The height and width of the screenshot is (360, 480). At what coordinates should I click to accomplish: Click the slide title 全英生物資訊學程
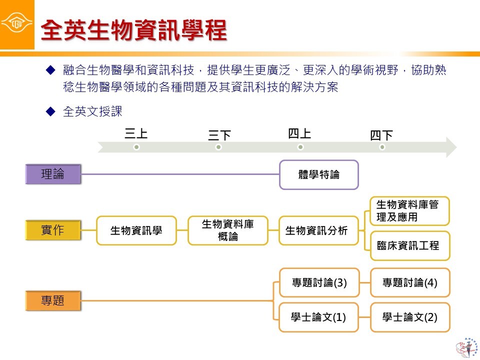(133, 30)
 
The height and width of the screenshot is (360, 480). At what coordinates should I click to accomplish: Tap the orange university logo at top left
(17, 24)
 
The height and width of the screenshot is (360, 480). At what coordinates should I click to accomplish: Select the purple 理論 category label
(52, 174)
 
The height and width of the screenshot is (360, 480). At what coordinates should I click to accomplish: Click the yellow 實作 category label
(52, 231)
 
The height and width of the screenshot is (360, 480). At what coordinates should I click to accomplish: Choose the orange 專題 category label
(52, 301)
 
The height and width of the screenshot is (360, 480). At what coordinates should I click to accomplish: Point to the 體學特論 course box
(318, 175)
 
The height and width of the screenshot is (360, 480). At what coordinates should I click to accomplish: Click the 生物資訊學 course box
(136, 230)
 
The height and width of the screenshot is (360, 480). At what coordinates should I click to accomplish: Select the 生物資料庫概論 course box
(228, 230)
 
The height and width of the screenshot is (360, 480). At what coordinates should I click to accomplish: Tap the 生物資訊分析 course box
(318, 230)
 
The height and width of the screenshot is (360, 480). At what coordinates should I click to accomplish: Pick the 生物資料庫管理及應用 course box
(409, 211)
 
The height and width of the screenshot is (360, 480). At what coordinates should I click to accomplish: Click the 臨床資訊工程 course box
(409, 245)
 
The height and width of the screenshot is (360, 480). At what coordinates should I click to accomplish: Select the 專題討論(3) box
(319, 282)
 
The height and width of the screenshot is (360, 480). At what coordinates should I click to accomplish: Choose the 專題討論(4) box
(410, 282)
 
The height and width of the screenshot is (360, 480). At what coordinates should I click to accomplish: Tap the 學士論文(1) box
(319, 317)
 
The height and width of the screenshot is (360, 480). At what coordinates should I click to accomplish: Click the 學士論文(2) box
(410, 317)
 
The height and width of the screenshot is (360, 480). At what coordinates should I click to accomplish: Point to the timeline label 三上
(136, 133)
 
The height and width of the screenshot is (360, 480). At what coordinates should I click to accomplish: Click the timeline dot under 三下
(218, 147)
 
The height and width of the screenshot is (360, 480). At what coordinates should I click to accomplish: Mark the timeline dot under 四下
(382, 147)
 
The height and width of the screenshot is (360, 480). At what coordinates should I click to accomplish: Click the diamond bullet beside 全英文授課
(49, 111)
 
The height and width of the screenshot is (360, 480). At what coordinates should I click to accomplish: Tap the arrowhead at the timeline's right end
(451, 147)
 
